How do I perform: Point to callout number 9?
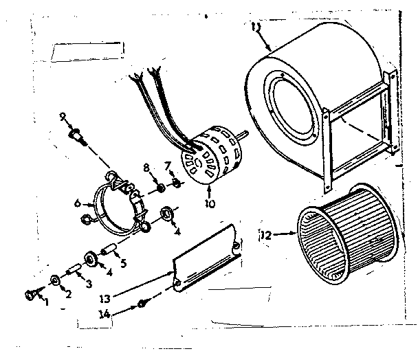point(63,117)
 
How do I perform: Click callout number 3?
point(88,284)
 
